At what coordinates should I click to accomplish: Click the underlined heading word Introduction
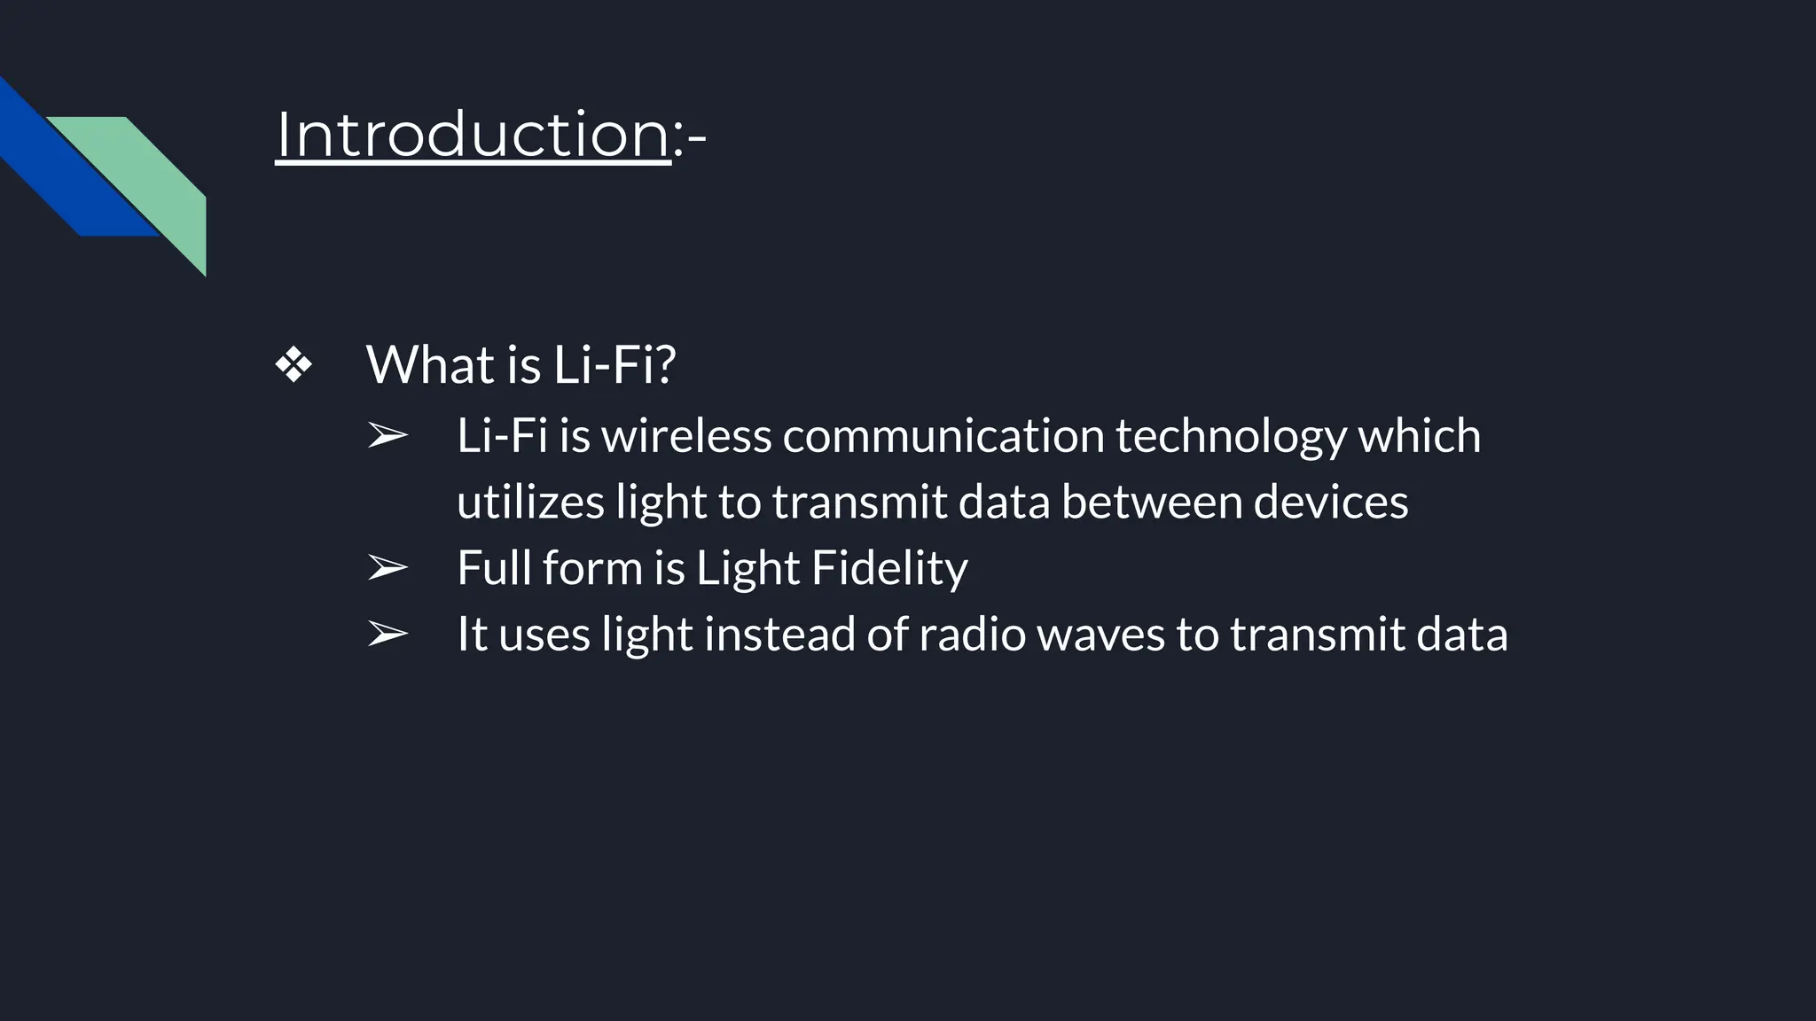(473, 135)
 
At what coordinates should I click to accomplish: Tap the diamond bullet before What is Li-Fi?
(294, 365)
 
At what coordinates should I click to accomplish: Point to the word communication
(943, 436)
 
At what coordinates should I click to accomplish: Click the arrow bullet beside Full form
(387, 568)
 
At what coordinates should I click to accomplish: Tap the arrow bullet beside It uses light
(387, 635)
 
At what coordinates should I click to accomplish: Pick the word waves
(1100, 635)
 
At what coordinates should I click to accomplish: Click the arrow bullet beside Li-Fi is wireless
(387, 436)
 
